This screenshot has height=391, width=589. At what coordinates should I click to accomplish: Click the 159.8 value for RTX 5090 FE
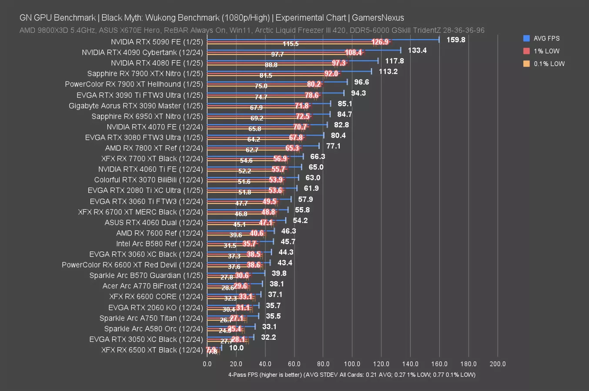click(x=455, y=40)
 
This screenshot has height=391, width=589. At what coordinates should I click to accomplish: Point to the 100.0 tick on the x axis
click(x=352, y=364)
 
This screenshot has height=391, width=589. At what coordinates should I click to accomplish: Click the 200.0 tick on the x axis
click(x=497, y=364)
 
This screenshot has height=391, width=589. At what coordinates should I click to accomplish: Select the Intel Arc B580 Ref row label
click(x=159, y=244)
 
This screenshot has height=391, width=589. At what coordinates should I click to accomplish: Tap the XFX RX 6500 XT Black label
click(x=152, y=350)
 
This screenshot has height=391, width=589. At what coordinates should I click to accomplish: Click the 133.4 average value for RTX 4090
click(x=417, y=50)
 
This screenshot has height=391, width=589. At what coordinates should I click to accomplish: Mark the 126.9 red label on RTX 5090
click(x=380, y=42)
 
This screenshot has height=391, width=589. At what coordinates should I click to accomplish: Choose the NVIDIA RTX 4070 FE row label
click(x=155, y=127)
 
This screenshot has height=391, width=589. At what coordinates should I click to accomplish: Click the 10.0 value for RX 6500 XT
click(x=236, y=348)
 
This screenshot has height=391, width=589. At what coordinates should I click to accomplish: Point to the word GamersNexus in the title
click(x=378, y=18)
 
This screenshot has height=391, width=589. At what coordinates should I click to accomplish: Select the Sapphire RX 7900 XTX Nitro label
click(x=145, y=74)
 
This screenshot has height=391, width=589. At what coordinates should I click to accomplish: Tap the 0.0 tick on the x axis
click(x=207, y=364)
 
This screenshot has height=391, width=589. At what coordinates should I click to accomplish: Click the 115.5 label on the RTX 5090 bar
click(x=291, y=44)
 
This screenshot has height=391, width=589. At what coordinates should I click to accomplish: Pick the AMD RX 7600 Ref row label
click(x=159, y=233)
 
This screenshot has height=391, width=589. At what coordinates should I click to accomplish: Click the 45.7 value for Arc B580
click(x=288, y=242)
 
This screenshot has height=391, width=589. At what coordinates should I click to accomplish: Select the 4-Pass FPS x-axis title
click(x=351, y=374)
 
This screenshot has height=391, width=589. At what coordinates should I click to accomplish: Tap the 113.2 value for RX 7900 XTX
click(x=388, y=72)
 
